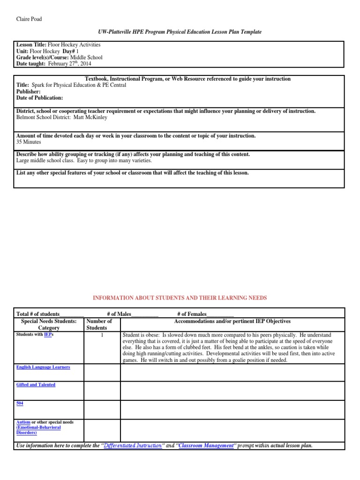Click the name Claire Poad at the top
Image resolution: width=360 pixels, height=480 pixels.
click(29, 19)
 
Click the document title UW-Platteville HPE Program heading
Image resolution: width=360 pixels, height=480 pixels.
click(180, 31)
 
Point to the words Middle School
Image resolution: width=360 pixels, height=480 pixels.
click(86, 57)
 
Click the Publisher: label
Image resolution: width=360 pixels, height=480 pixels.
click(29, 92)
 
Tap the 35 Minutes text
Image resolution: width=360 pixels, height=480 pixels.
click(29, 142)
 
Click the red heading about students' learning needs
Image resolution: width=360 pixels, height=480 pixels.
click(180, 298)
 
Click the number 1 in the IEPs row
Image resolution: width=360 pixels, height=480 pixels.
click(102, 335)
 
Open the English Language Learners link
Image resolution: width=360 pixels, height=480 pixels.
click(43, 367)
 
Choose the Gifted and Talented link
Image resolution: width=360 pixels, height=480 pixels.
click(36, 385)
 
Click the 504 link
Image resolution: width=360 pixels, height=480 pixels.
click(20, 403)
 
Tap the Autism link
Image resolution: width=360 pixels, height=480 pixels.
click(23, 422)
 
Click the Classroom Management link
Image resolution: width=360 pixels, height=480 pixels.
click(206, 445)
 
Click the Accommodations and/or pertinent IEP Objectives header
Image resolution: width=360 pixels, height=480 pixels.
click(232, 322)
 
